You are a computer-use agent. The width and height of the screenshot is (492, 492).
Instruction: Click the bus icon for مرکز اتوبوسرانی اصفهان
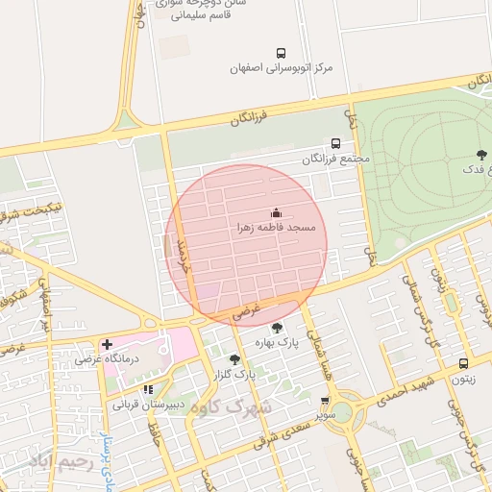click(x=281, y=54)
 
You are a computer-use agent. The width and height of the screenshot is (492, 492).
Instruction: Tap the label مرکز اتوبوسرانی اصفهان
click(x=281, y=69)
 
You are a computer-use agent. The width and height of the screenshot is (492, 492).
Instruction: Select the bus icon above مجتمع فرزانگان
click(x=335, y=143)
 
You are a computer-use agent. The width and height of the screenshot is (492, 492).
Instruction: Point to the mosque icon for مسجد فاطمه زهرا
click(x=277, y=212)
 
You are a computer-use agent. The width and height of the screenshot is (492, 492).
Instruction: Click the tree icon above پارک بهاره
click(x=277, y=328)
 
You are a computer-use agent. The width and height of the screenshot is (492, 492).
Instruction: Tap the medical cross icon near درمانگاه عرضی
click(x=107, y=344)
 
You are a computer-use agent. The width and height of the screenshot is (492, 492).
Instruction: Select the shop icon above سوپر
click(x=326, y=401)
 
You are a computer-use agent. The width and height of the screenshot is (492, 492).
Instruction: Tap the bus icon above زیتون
click(x=463, y=363)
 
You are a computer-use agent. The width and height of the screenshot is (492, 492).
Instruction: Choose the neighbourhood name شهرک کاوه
click(x=231, y=407)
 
